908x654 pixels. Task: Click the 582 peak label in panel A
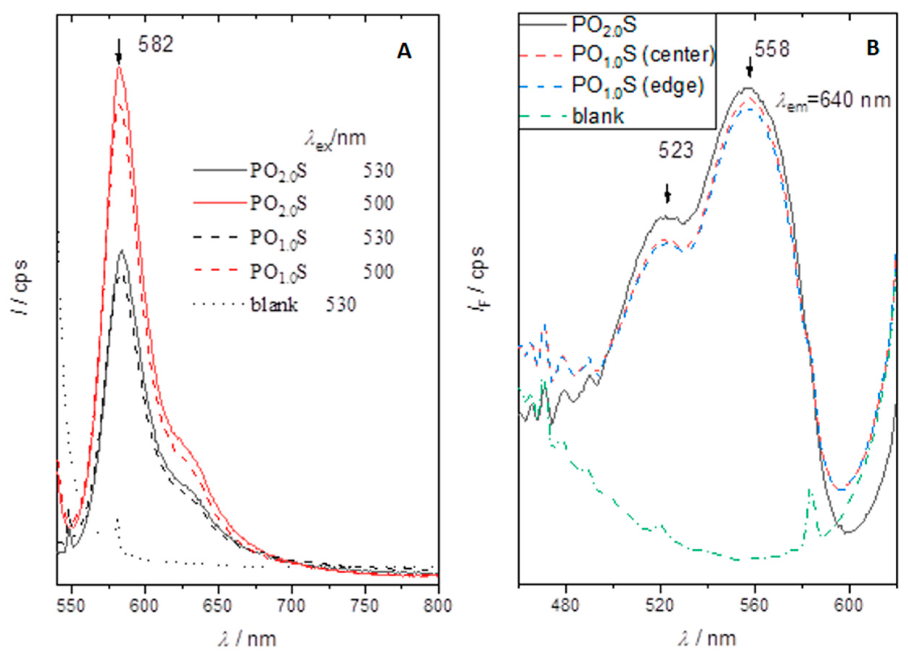tap(156, 45)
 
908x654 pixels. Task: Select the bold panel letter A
tap(404, 52)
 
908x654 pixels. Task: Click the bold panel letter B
tap(873, 48)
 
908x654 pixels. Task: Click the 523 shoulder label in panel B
tap(676, 151)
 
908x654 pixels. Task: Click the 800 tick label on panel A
tap(438, 606)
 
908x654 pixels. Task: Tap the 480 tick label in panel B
tap(565, 606)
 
